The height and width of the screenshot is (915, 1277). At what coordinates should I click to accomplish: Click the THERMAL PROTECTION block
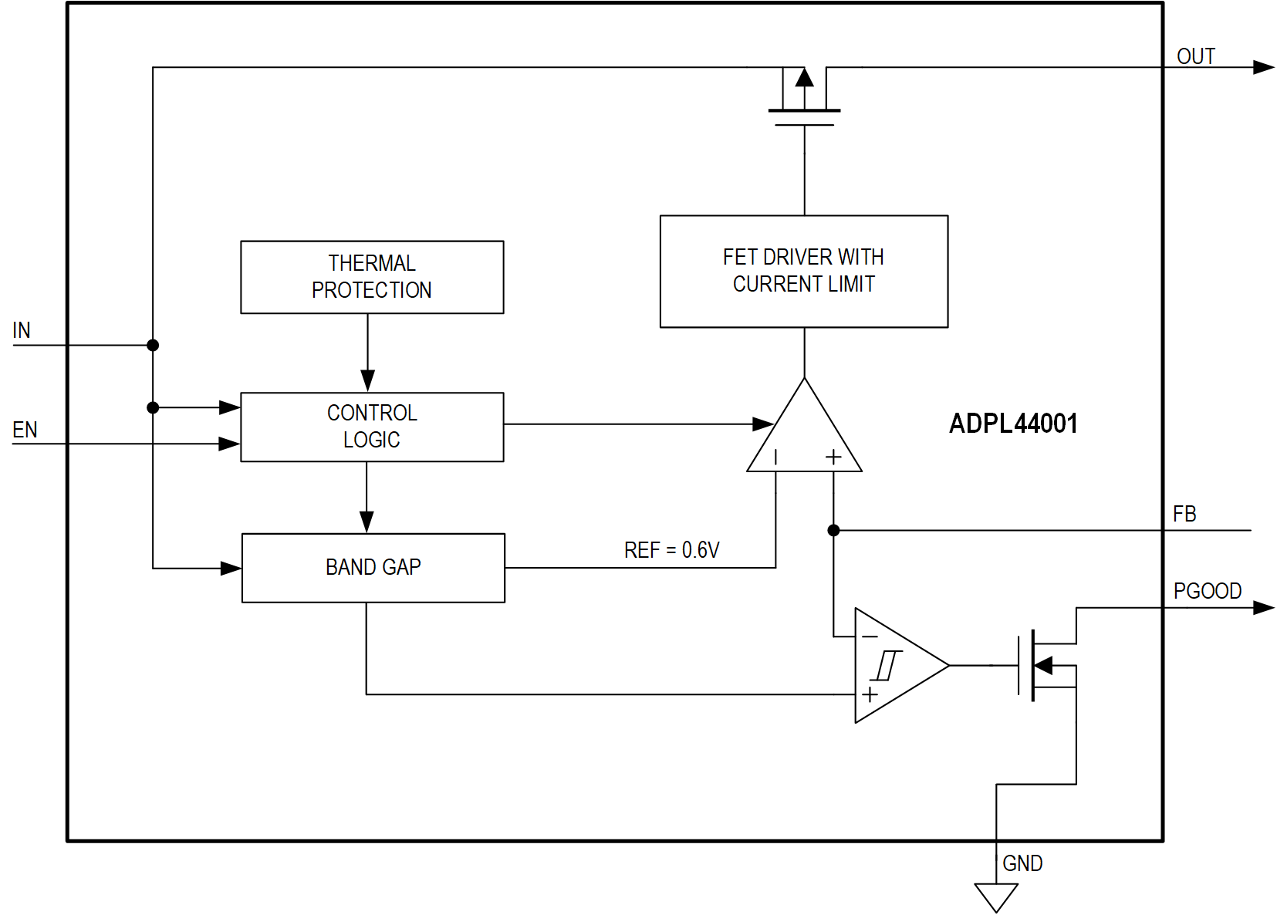pyautogui.click(x=372, y=277)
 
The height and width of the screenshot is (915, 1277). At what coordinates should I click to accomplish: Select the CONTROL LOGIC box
pyautogui.click(x=372, y=427)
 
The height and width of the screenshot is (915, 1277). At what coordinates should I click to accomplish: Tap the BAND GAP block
pyautogui.click(x=373, y=567)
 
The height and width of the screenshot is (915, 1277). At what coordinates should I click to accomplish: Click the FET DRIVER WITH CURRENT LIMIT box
pyautogui.click(x=803, y=271)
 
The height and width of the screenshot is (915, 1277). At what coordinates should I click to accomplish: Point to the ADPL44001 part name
pyautogui.click(x=1012, y=424)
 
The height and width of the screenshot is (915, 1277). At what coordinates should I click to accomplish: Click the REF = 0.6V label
pyautogui.click(x=671, y=550)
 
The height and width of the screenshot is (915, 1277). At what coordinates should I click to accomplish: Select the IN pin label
pyautogui.click(x=22, y=330)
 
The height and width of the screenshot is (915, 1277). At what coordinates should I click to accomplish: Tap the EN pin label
pyautogui.click(x=25, y=430)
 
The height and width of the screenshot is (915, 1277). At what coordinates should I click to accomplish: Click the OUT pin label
pyautogui.click(x=1195, y=56)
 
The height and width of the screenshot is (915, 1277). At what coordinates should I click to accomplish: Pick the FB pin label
pyautogui.click(x=1184, y=514)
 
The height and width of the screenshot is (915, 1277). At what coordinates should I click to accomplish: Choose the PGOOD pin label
pyautogui.click(x=1207, y=591)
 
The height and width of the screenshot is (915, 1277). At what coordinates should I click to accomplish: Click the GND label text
pyautogui.click(x=1022, y=863)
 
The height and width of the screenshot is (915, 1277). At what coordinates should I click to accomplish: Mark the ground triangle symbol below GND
pyautogui.click(x=996, y=896)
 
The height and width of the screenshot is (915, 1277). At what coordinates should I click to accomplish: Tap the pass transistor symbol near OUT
pyautogui.click(x=804, y=96)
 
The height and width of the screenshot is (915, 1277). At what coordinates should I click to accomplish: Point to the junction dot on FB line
pyautogui.click(x=833, y=530)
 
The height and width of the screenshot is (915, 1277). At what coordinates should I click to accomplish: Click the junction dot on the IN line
pyautogui.click(x=153, y=345)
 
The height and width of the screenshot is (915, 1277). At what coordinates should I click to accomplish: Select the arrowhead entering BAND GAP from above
pyautogui.click(x=367, y=522)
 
